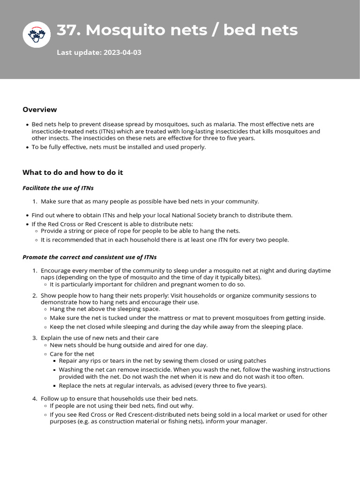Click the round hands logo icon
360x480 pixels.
click(x=37, y=34)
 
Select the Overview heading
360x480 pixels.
click(x=40, y=110)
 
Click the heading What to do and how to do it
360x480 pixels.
click(x=73, y=172)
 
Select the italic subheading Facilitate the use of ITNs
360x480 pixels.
click(x=58, y=188)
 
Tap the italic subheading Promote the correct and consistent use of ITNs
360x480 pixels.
click(x=90, y=257)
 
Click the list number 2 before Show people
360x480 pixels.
click(x=35, y=296)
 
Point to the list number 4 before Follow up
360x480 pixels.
click(x=35, y=398)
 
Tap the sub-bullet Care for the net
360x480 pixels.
click(x=72, y=354)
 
